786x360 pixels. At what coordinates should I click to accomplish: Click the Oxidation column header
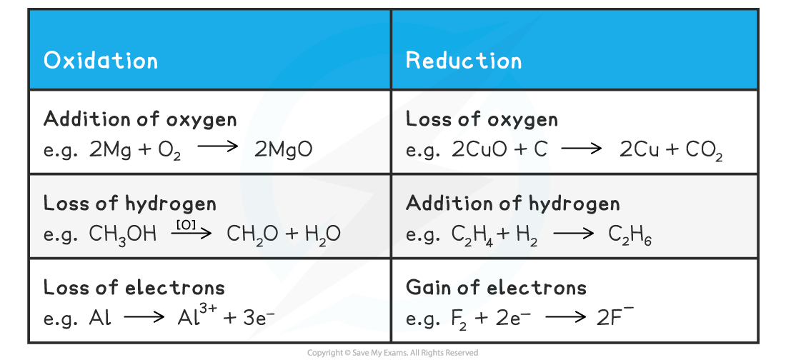click(101, 60)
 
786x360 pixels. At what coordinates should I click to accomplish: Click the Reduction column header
click(464, 60)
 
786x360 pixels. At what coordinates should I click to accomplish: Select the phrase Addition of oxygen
click(140, 120)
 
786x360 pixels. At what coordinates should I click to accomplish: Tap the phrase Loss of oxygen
click(482, 119)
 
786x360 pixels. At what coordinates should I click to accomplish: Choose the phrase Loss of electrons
click(134, 287)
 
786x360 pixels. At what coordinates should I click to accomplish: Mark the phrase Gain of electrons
click(497, 287)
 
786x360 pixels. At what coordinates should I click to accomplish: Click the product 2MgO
click(283, 150)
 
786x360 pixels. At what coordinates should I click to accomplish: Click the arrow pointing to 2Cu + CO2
click(582, 149)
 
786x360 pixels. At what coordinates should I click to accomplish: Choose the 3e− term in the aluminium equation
click(259, 317)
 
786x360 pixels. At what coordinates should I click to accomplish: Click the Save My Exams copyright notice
click(392, 353)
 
